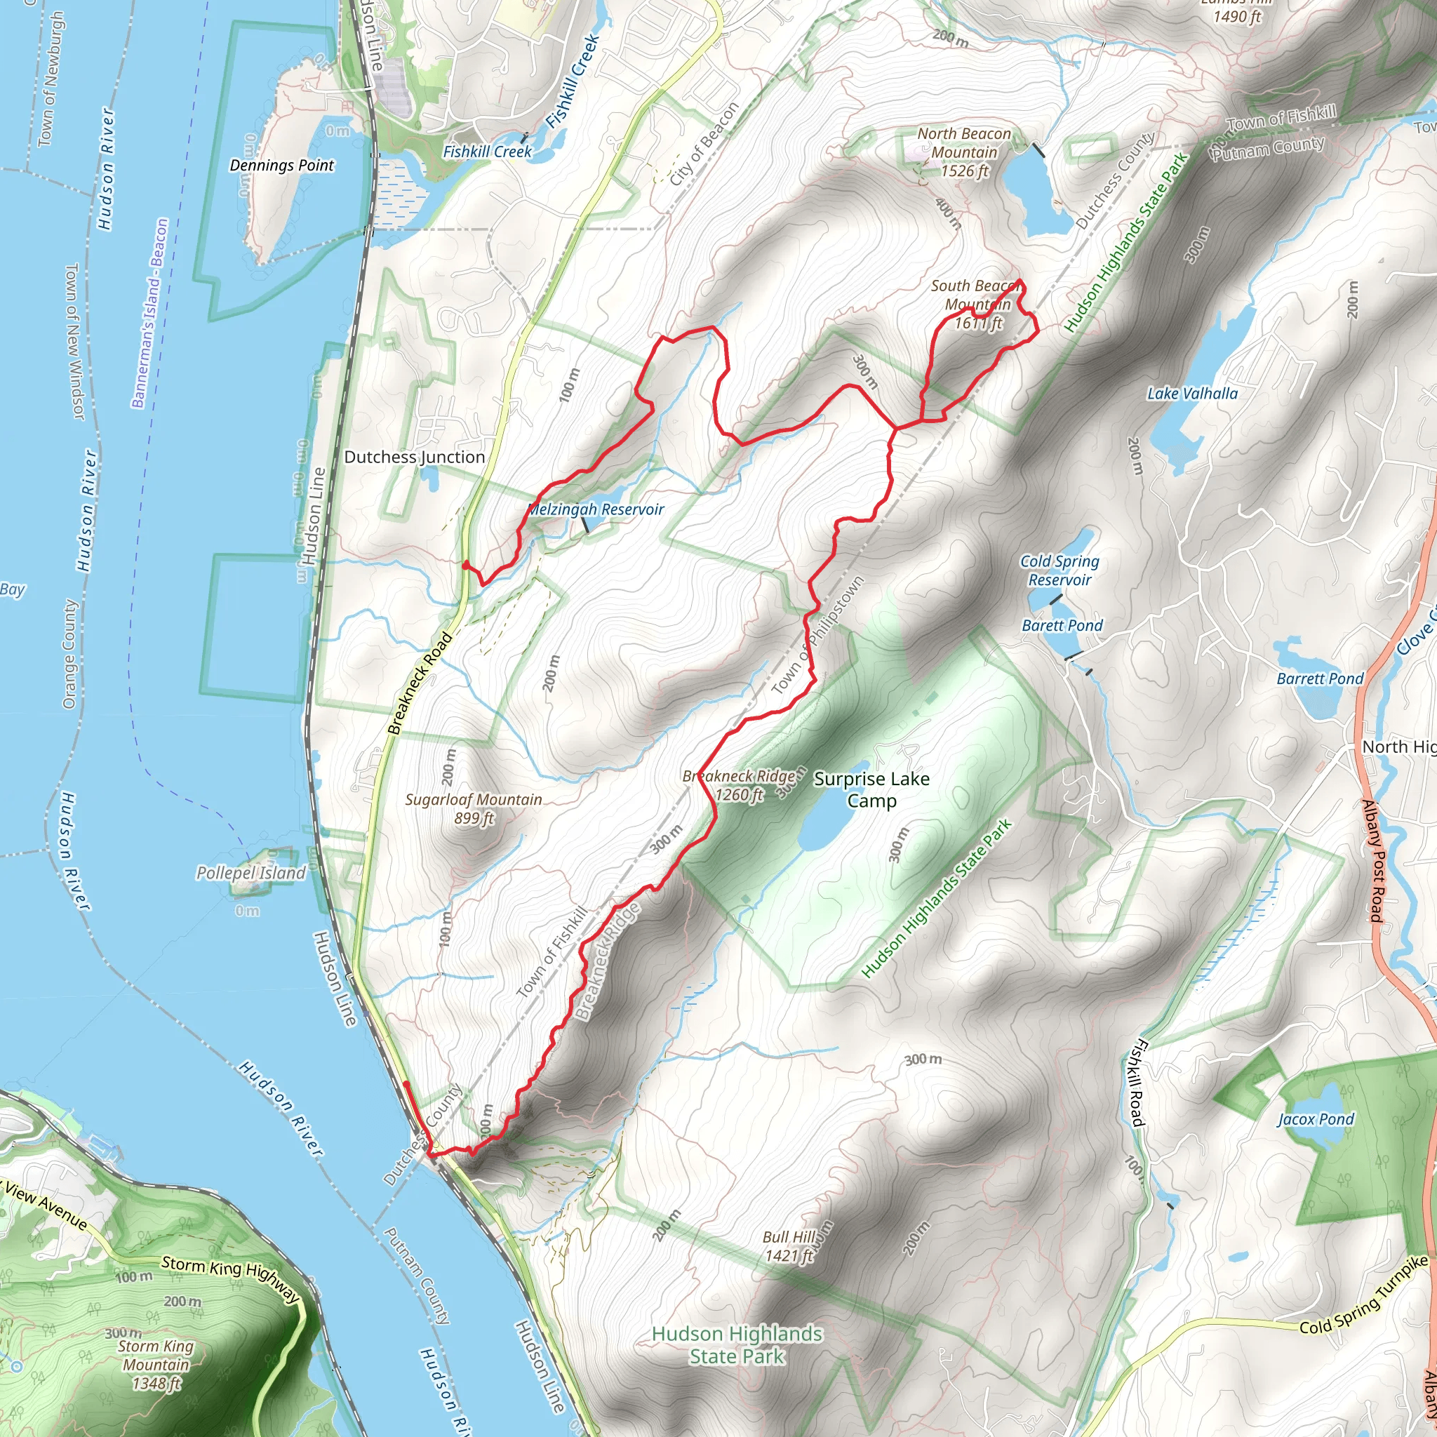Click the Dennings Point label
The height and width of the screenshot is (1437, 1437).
tap(281, 165)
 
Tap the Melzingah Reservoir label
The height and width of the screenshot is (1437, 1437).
tap(595, 509)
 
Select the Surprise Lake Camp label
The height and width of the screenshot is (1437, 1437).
tap(871, 789)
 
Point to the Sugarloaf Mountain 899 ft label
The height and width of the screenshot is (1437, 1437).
tap(474, 808)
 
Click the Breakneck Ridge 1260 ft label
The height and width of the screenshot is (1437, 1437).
tap(739, 785)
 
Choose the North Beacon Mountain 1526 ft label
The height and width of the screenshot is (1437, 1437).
tap(964, 152)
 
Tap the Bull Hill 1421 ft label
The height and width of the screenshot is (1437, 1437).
tap(789, 1247)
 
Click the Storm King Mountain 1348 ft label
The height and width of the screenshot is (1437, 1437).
tap(156, 1365)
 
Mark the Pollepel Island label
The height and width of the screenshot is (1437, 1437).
tap(250, 872)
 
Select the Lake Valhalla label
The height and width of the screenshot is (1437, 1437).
tap(1192, 394)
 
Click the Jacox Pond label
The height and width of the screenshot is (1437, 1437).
tap(1316, 1119)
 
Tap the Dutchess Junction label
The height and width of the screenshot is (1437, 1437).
tap(414, 457)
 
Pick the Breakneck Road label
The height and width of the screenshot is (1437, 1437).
tap(420, 683)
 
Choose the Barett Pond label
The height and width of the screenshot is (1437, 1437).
tap(1062, 625)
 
